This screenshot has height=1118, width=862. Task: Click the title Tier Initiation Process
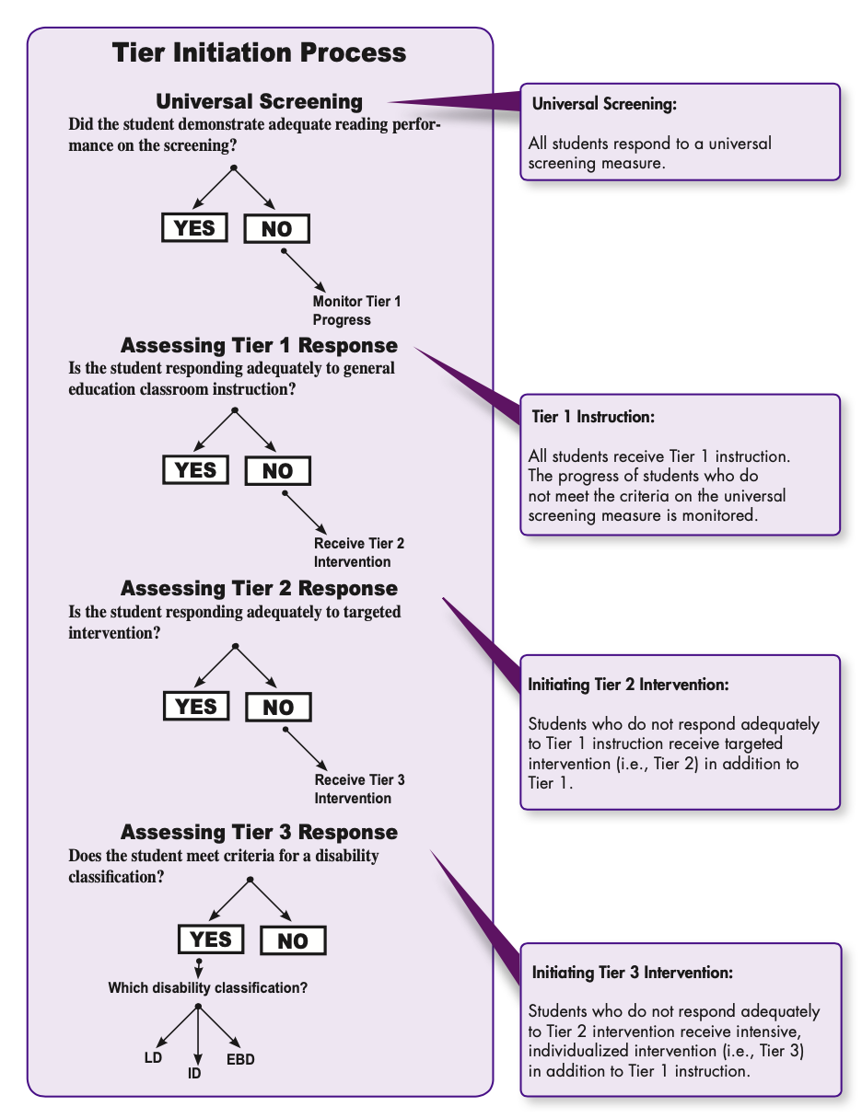[x=259, y=52]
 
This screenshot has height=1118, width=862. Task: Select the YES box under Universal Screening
[x=194, y=227]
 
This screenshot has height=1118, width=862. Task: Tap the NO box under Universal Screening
[x=276, y=229]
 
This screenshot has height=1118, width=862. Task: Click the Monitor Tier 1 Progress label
[x=356, y=311]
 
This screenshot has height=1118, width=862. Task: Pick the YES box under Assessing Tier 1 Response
[x=195, y=469]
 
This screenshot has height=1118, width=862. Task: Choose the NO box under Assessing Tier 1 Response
[x=277, y=471]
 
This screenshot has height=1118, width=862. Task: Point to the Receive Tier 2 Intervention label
[x=358, y=553]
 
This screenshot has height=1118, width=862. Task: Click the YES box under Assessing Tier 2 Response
[x=196, y=706]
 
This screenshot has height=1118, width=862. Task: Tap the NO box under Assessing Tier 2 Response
[x=278, y=708]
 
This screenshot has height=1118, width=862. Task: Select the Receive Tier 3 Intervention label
[x=359, y=790]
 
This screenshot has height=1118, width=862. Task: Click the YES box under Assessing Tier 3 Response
[x=211, y=939]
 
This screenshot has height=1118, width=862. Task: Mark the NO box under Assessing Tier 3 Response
[x=293, y=940]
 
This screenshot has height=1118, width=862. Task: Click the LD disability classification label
[x=153, y=1058]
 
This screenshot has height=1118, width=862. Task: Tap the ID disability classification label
[x=194, y=1073]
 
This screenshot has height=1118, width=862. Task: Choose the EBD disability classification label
[x=240, y=1059]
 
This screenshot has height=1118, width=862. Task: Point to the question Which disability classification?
[x=207, y=988]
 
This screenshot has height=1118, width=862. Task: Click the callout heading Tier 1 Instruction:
[x=593, y=417]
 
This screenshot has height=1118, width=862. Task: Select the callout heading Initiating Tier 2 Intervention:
[x=628, y=685]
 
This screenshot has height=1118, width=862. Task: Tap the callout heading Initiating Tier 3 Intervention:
[x=633, y=973]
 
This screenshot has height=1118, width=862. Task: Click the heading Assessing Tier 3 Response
[x=259, y=832]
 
